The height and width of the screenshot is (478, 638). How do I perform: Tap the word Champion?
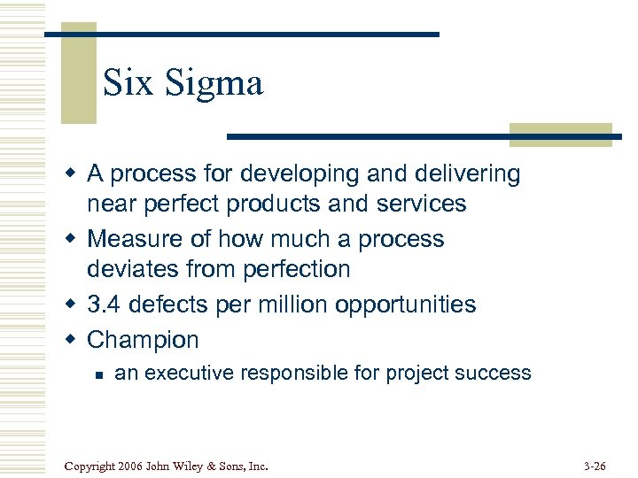(x=143, y=340)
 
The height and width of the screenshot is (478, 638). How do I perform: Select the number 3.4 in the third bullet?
(x=104, y=305)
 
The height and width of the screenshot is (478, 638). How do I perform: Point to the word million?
(x=292, y=305)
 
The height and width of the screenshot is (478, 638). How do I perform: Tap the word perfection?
(x=300, y=269)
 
